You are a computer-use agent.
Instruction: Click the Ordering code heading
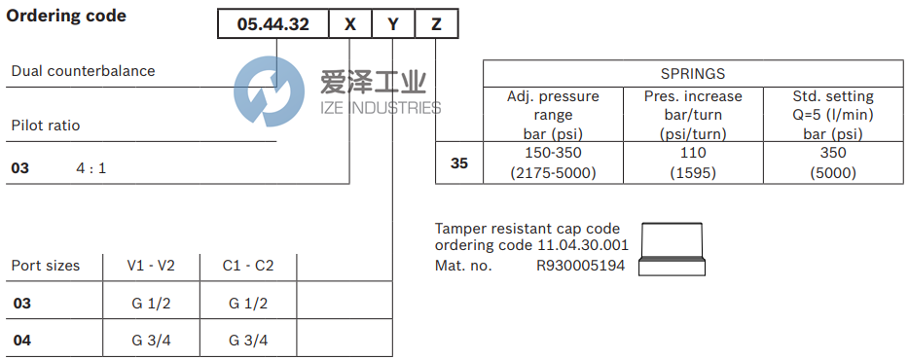click(66, 17)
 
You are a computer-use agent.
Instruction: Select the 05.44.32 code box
click(273, 24)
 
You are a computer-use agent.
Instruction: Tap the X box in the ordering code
click(350, 24)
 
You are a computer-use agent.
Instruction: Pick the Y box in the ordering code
click(393, 24)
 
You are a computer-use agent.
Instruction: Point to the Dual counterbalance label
click(83, 71)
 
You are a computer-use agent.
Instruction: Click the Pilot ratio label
click(46, 126)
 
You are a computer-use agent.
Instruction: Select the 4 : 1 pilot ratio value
click(91, 168)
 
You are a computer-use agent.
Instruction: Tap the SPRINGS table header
click(692, 73)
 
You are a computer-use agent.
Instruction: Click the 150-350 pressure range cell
click(553, 153)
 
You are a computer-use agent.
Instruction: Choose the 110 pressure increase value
click(692, 153)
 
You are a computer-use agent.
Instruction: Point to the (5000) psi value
click(833, 173)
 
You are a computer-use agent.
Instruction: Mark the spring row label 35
click(459, 163)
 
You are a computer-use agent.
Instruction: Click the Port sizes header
click(46, 266)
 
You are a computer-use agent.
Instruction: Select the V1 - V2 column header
click(151, 266)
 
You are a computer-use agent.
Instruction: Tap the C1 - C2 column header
click(248, 266)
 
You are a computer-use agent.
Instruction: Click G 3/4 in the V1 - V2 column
click(151, 340)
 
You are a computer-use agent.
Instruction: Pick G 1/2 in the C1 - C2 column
click(248, 304)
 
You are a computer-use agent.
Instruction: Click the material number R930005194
click(581, 265)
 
